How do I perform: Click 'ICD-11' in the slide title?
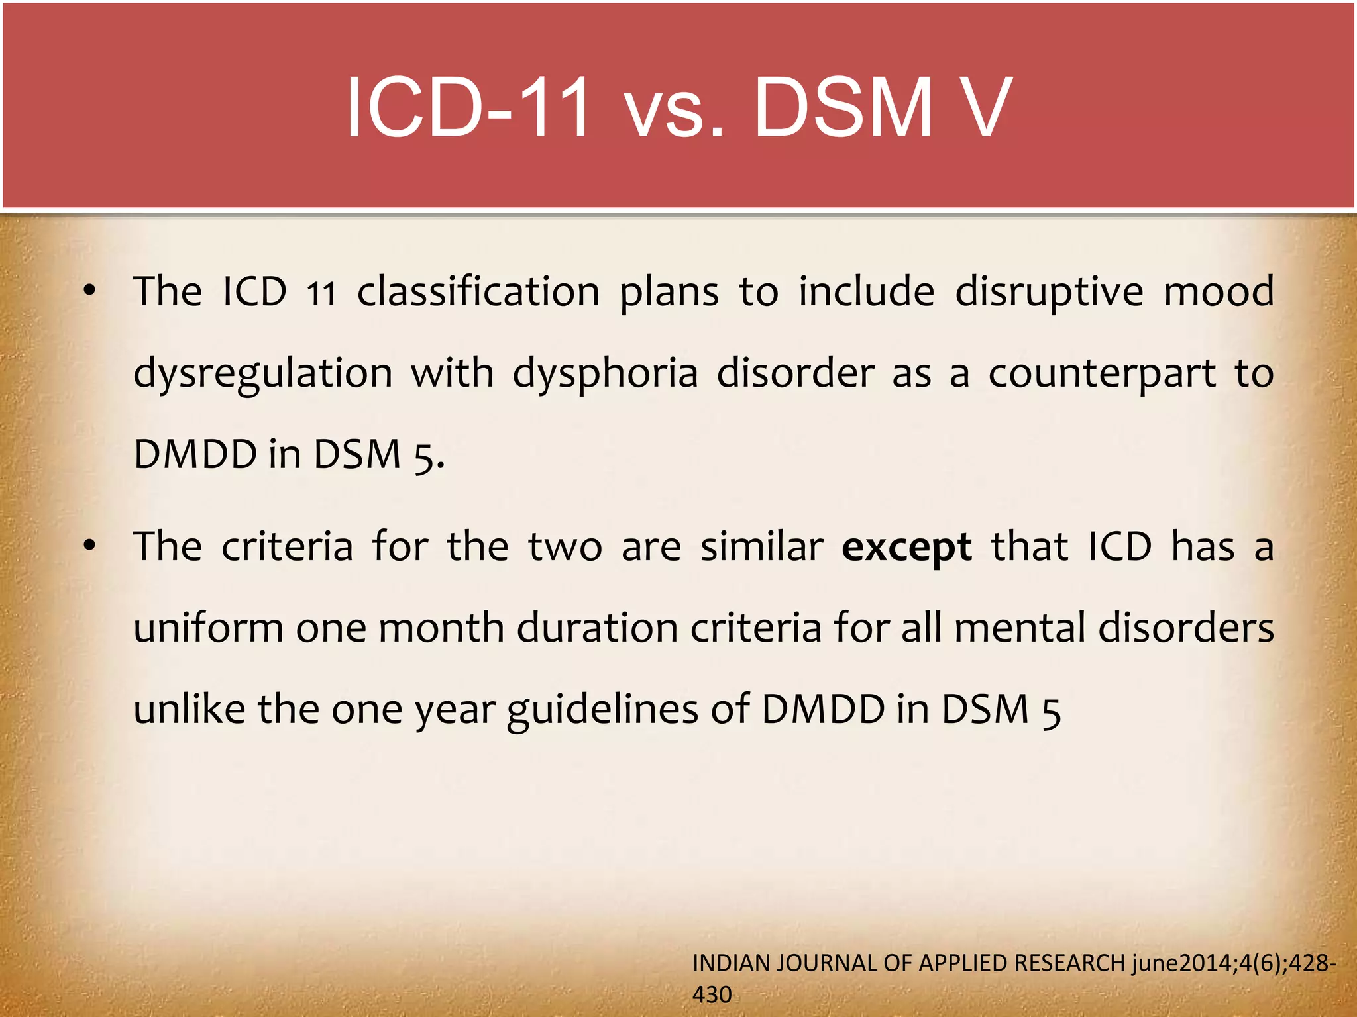467,108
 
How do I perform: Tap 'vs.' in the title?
675,109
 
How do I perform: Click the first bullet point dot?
90,290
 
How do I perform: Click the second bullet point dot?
90,546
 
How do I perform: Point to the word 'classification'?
478,292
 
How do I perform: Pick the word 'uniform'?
208,628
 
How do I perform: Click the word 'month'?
441,628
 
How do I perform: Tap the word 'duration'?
597,628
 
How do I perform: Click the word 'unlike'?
189,709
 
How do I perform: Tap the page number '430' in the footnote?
712,994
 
